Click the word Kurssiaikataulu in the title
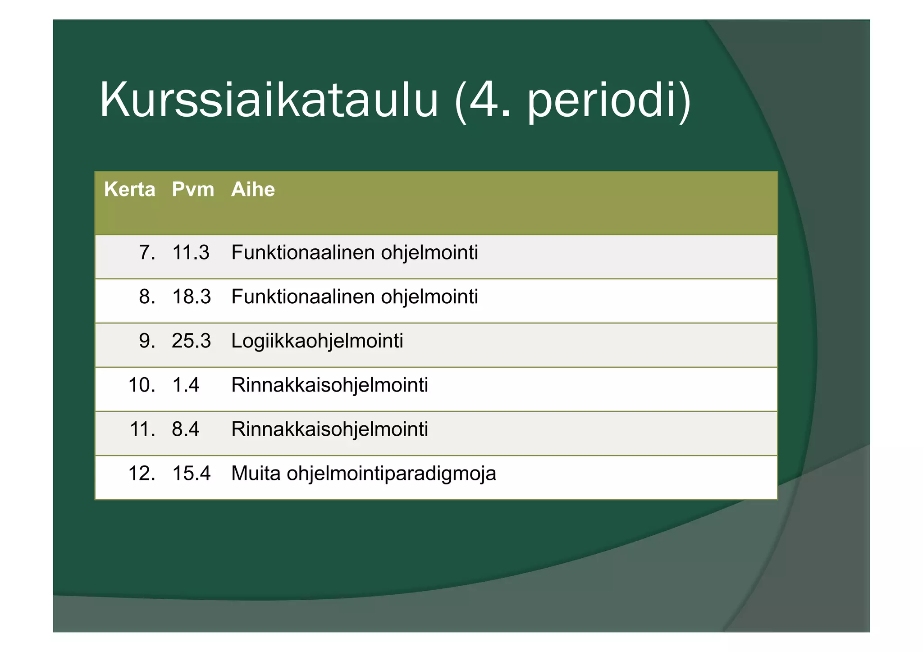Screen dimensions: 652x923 click(x=269, y=100)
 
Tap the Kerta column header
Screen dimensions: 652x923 click(x=129, y=189)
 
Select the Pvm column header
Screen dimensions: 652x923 click(x=193, y=189)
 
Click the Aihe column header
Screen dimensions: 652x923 click(x=253, y=189)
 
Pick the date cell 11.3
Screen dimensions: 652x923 click(x=191, y=252)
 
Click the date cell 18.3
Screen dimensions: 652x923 click(x=191, y=296)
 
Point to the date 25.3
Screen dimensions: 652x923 click(x=191, y=341)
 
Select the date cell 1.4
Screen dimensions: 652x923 click(x=185, y=385)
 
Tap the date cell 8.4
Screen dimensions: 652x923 click(x=185, y=429)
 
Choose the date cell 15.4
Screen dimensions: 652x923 click(x=191, y=473)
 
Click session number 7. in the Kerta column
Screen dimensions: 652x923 click(x=147, y=252)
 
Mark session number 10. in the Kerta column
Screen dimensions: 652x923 click(x=142, y=385)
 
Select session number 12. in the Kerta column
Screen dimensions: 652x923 click(x=142, y=473)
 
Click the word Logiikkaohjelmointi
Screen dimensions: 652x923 click(x=317, y=341)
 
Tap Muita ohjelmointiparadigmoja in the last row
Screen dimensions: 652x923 click(x=363, y=473)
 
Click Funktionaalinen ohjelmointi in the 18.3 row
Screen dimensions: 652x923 click(x=354, y=296)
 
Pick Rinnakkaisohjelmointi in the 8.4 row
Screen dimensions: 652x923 click(x=329, y=429)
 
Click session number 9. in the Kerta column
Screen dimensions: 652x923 click(x=147, y=341)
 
